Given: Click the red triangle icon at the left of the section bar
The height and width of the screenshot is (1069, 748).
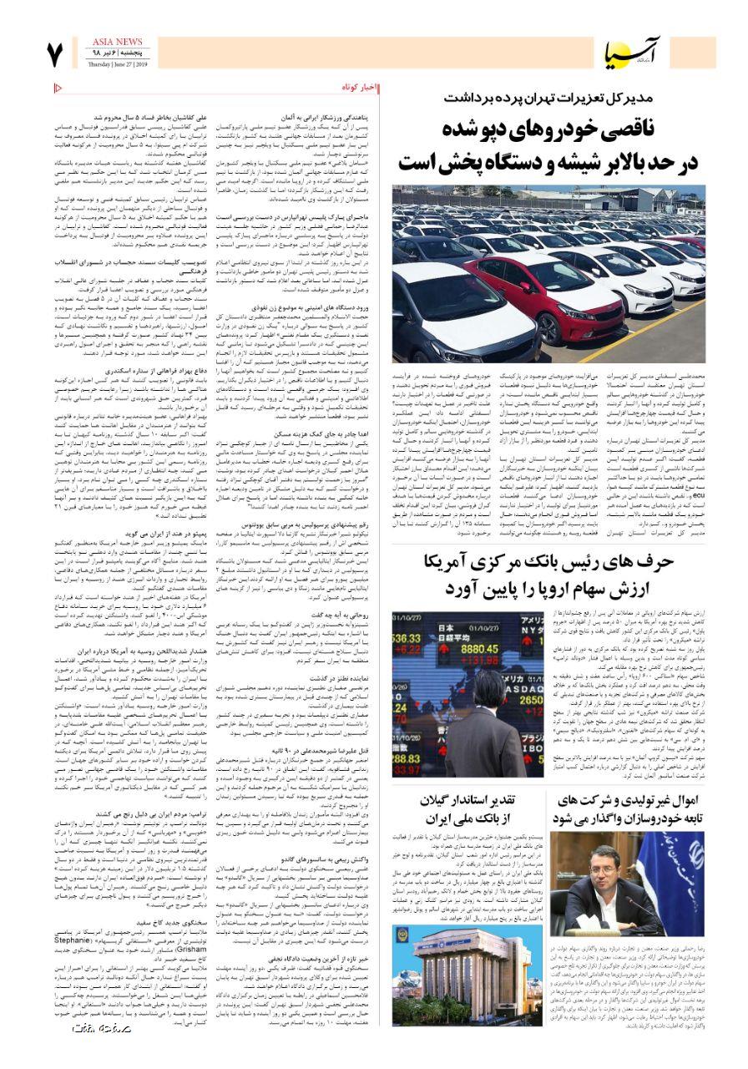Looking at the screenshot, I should pos(58,87).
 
